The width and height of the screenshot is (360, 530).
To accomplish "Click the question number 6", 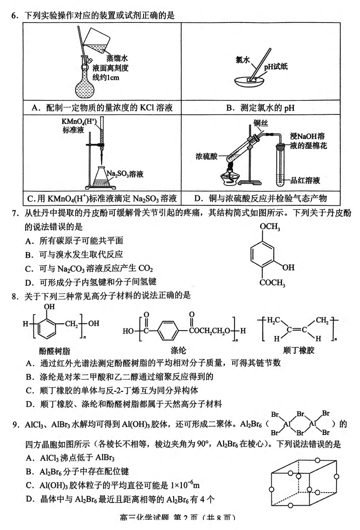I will pyautogui.click(x=14, y=16).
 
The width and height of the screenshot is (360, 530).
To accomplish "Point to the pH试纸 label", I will pyautogui.click(x=275, y=67).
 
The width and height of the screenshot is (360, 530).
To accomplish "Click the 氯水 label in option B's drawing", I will pyautogui.click(x=243, y=59).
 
